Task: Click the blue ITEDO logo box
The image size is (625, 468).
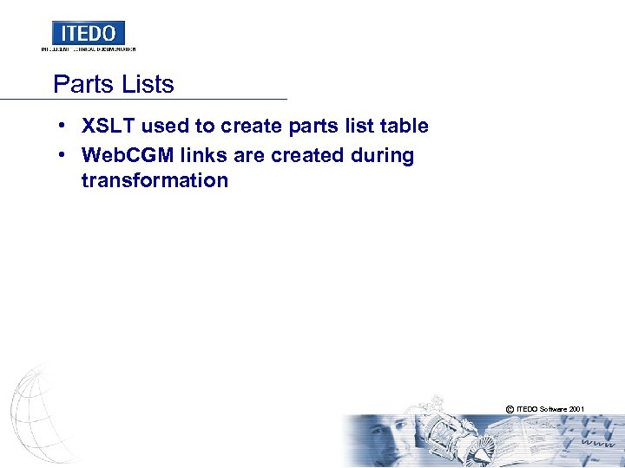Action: coord(88,33)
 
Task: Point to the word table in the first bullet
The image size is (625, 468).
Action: coord(405,126)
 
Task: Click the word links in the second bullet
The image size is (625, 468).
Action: coord(202,156)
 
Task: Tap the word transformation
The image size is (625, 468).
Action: coord(155,180)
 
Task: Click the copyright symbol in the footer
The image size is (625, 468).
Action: coord(507,407)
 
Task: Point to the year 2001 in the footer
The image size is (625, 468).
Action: coord(576,407)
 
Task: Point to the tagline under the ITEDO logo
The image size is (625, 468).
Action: coord(88,49)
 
